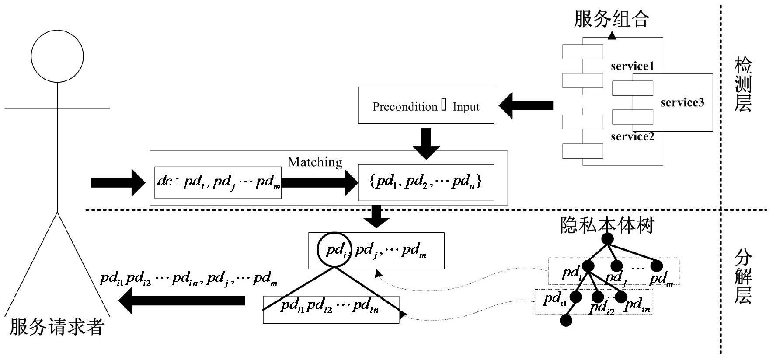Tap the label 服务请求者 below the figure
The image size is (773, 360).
point(56,327)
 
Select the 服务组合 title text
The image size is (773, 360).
point(611,19)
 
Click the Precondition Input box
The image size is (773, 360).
point(426,106)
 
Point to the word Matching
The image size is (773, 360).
point(315,162)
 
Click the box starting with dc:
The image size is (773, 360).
point(218,182)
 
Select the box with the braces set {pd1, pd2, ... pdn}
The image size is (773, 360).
point(426,182)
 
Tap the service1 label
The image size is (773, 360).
point(632,66)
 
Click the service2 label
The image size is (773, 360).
point(632,136)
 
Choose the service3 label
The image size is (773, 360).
point(682,102)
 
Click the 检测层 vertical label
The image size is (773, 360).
point(742,86)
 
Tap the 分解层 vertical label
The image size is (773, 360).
point(742,277)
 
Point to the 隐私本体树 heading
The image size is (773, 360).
point(607,226)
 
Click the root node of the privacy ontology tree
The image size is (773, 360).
point(607,239)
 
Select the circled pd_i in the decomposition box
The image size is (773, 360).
point(334,250)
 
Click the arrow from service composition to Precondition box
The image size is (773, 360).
point(526,105)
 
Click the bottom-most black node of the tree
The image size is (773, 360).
point(566,321)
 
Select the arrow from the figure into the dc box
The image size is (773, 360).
point(117,182)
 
